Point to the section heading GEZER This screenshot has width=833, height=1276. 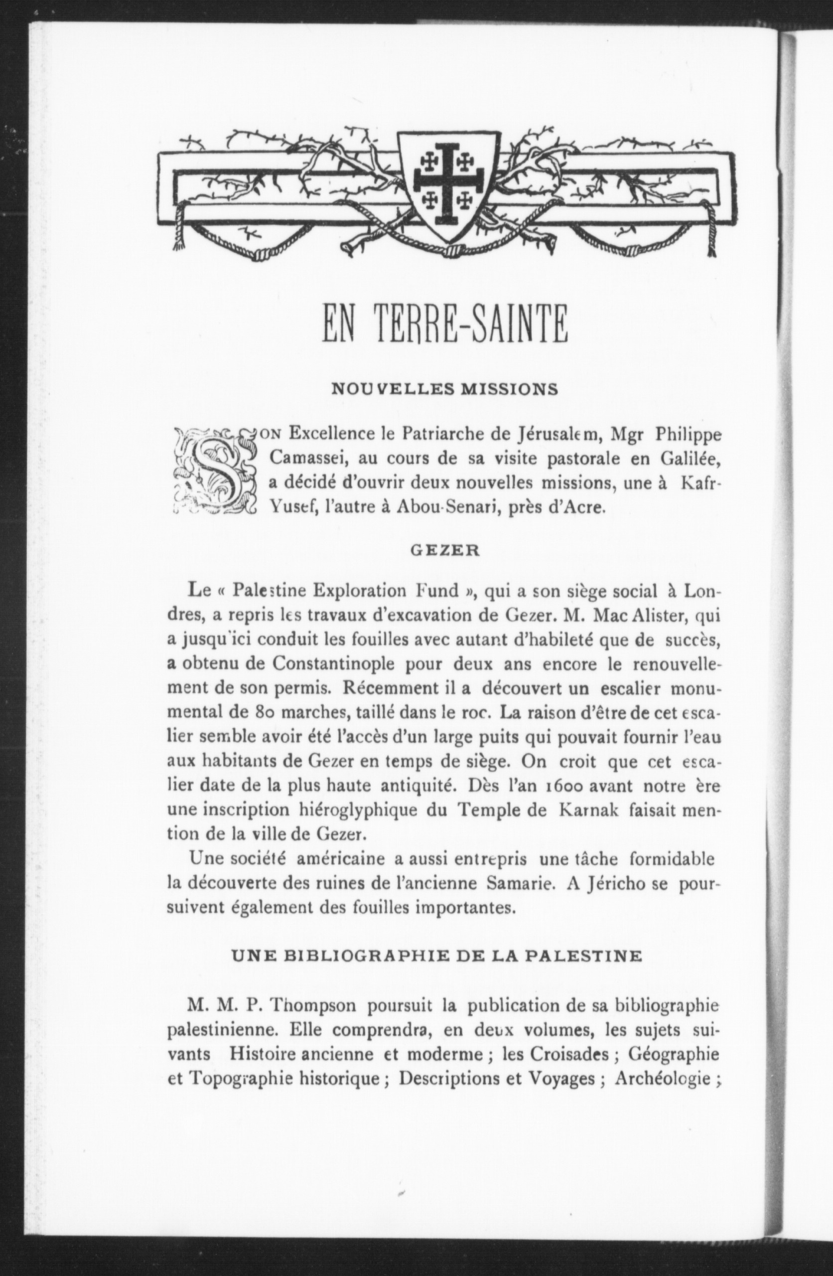point(445,551)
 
